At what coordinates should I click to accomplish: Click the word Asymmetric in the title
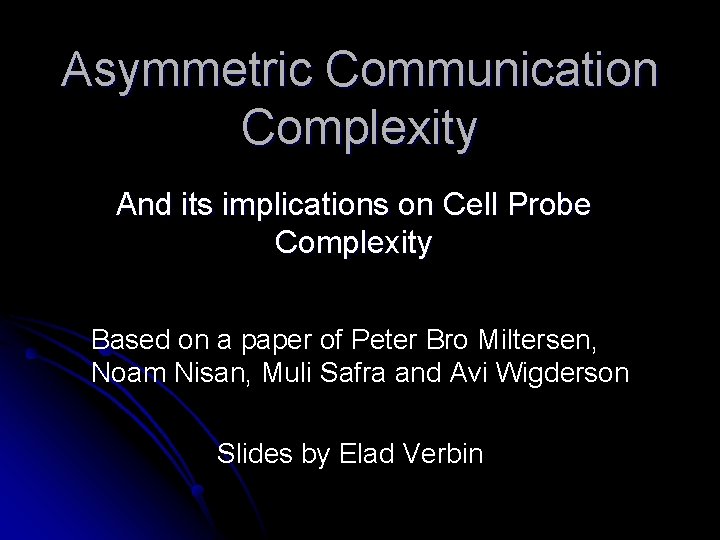187,73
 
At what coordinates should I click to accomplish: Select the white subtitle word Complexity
354,242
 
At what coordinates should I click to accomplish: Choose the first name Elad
368,454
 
